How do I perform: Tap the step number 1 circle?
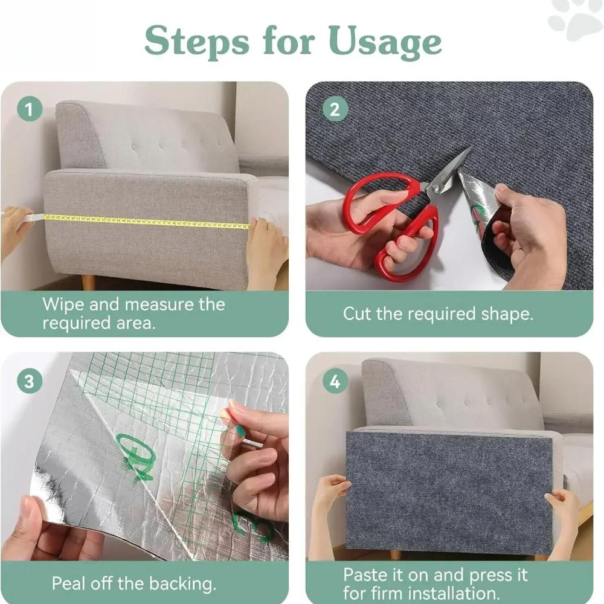point(30,110)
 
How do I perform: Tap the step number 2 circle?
point(335,110)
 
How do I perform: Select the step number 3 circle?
point(30,382)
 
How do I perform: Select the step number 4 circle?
point(335,382)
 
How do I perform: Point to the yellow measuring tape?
point(145,221)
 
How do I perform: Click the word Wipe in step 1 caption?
point(63,304)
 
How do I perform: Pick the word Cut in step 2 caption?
point(356,314)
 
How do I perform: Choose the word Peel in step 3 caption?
point(69,583)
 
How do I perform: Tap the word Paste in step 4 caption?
point(366,574)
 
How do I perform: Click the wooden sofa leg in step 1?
point(88,282)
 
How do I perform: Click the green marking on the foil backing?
point(136,456)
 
